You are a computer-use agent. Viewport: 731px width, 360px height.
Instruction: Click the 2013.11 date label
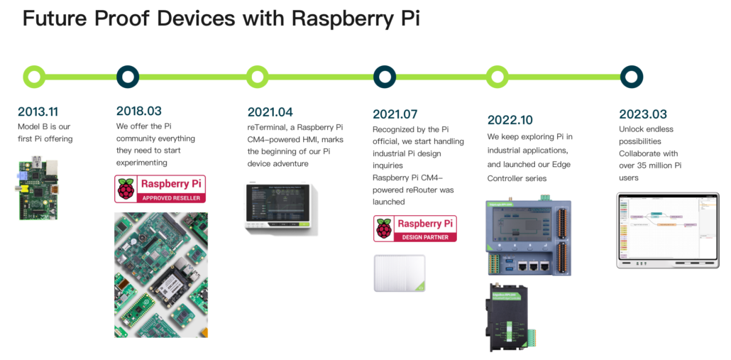(x=38, y=111)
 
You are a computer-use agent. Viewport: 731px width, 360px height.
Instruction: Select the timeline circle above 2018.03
(x=127, y=76)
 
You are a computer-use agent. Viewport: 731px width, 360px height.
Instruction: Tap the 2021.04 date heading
(x=270, y=111)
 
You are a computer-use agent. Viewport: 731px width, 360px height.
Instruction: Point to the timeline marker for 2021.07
(x=384, y=76)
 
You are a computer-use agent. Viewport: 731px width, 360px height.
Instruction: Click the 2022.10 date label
(x=510, y=119)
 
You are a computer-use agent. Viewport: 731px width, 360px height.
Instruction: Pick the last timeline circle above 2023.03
(x=631, y=76)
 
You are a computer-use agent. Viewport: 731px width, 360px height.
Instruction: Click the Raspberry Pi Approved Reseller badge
(x=160, y=189)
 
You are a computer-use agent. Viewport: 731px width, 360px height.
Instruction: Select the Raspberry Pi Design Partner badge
(x=415, y=229)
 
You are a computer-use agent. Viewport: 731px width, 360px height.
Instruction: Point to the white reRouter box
(x=400, y=273)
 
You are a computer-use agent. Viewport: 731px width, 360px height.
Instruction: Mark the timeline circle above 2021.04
(x=258, y=76)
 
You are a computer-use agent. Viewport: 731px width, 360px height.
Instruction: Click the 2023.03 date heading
(x=643, y=114)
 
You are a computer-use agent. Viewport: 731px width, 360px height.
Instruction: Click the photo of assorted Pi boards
(x=161, y=275)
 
